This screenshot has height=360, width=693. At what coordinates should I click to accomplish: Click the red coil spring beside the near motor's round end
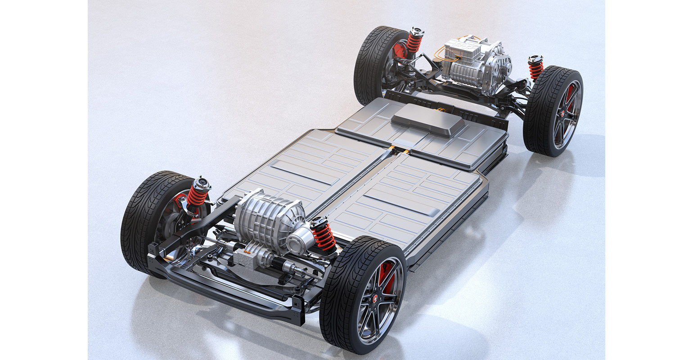(324, 235)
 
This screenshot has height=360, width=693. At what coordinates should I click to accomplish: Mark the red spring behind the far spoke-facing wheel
(535, 69)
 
